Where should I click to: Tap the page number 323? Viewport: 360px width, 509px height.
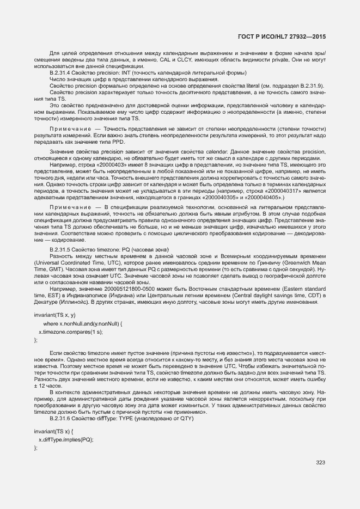point(320,462)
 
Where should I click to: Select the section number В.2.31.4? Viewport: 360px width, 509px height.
point(62,72)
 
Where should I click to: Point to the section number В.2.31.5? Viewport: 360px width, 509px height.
point(62,249)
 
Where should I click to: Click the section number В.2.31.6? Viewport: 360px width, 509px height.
point(62,419)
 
